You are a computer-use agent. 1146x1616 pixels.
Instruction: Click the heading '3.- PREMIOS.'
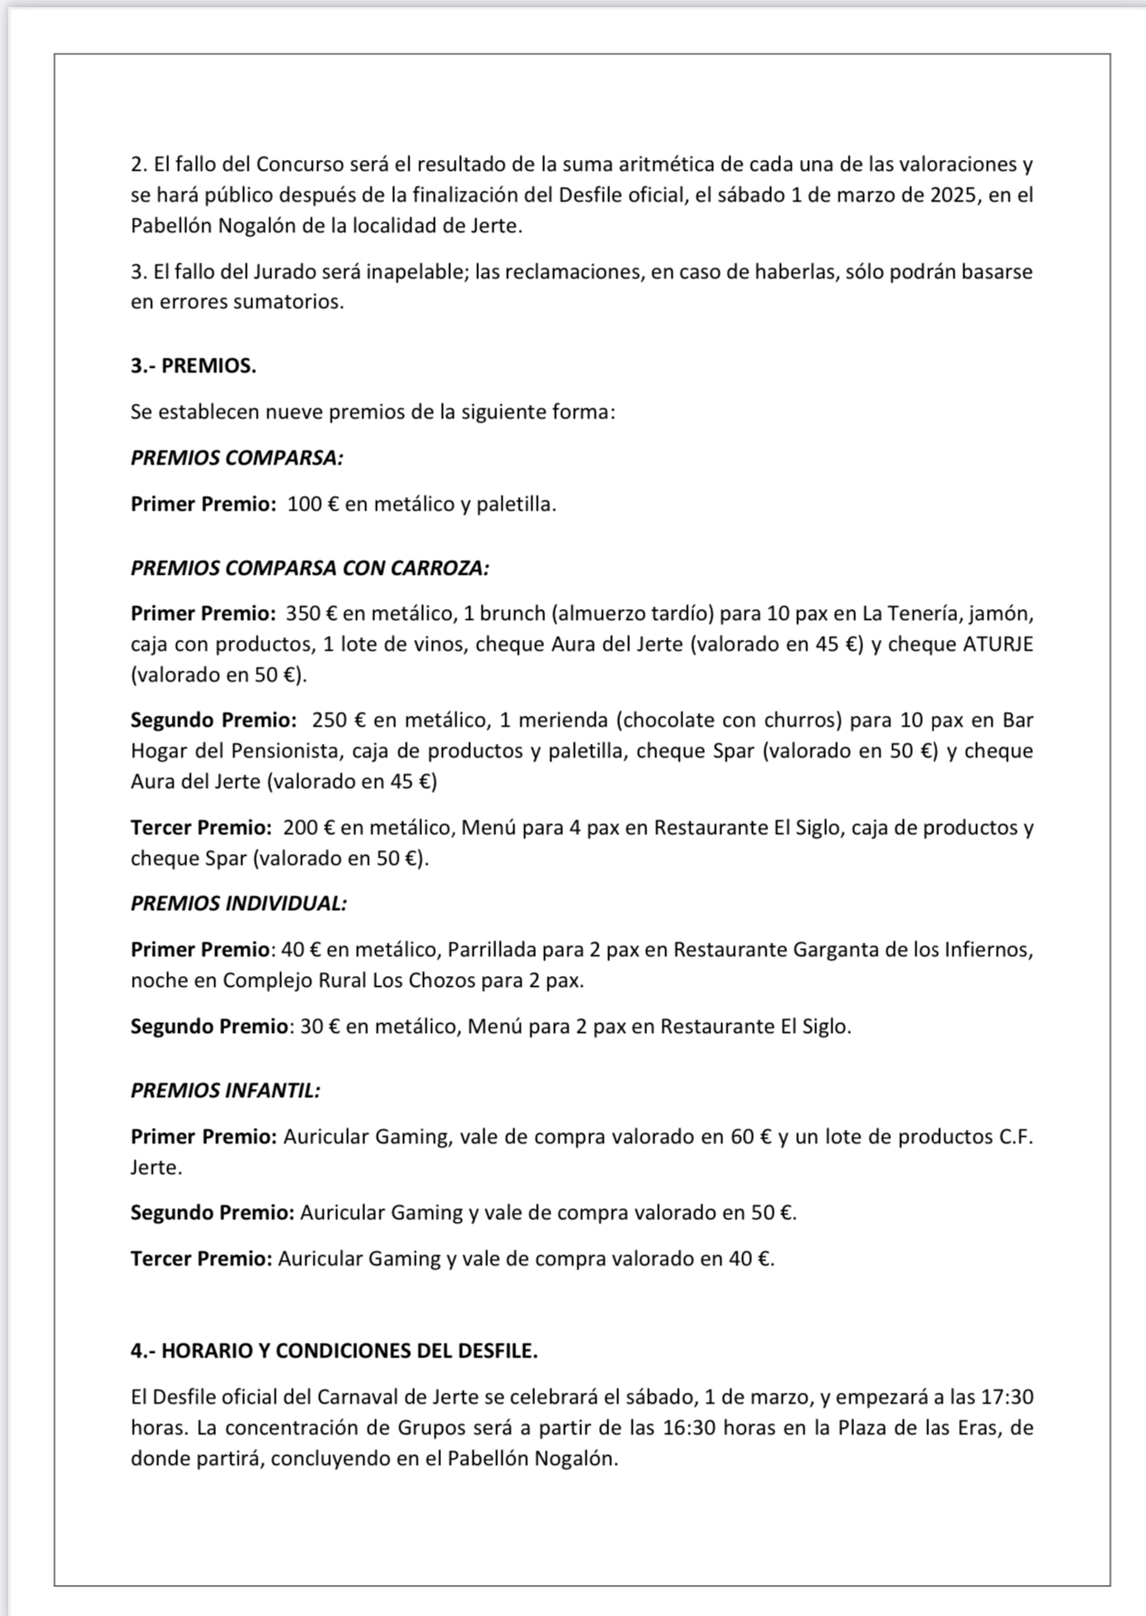(193, 366)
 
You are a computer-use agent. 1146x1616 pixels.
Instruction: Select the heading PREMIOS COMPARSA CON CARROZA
(310, 568)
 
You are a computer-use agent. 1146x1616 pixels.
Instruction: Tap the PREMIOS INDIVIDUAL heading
(239, 903)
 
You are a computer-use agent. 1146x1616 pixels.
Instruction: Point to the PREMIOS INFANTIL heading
(225, 1090)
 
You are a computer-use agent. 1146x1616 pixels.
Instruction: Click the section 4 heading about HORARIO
(333, 1350)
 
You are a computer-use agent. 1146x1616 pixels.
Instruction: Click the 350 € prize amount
(311, 614)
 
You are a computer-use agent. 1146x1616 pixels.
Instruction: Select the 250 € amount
(338, 720)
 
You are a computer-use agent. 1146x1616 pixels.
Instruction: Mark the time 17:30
(1007, 1396)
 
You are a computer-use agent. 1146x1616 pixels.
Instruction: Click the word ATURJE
(998, 644)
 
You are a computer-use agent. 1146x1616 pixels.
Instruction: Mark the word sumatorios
(287, 302)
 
